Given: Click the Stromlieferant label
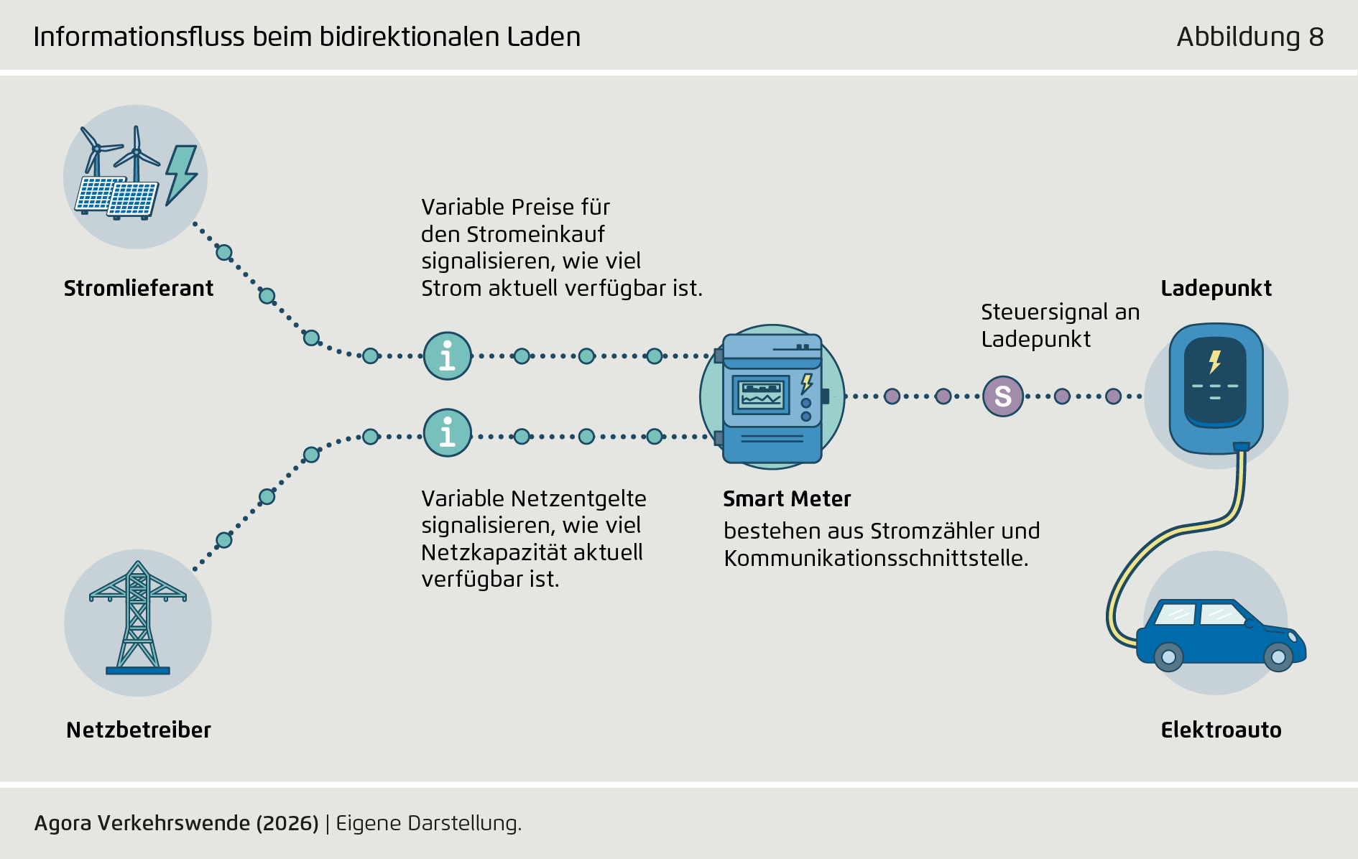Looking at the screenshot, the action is (139, 288).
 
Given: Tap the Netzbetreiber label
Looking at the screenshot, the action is (139, 730).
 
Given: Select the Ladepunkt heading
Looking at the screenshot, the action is (1216, 288).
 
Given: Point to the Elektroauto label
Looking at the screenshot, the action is (1221, 730).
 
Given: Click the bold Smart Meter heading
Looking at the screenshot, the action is (787, 498).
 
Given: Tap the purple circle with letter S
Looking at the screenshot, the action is (1003, 396).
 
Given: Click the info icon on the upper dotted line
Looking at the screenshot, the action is (447, 356).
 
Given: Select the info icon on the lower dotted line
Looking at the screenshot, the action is (447, 432).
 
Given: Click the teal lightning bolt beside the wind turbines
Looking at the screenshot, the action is (181, 175).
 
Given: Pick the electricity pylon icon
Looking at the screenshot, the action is (138, 618).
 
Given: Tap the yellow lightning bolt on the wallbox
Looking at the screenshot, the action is (1215, 361).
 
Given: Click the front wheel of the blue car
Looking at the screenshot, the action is (1278, 656).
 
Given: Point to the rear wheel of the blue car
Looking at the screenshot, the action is (1168, 656).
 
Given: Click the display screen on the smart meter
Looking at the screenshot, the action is (761, 395).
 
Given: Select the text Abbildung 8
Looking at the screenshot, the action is (1250, 37).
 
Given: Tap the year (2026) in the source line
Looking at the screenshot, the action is (287, 823).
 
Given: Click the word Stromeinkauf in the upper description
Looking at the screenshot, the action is (535, 234).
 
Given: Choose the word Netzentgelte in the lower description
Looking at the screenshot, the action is (579, 498).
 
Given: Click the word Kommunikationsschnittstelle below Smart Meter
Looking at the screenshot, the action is (876, 558).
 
